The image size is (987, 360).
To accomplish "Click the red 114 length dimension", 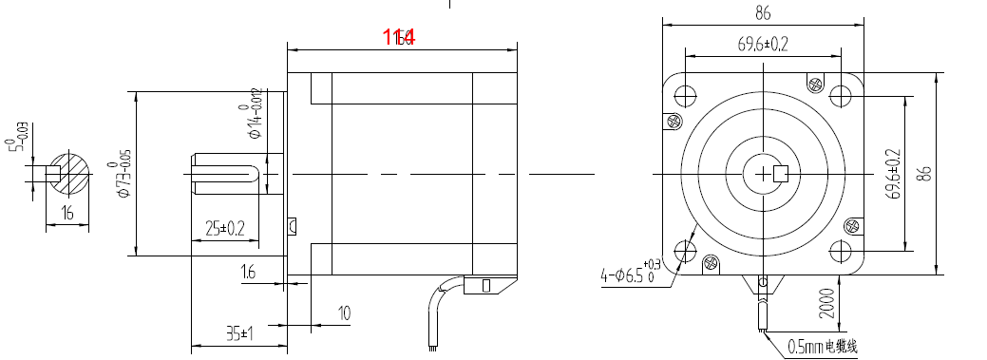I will coord(399,37).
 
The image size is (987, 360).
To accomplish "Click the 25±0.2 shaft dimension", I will coord(225,228).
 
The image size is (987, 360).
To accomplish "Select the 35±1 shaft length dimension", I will coord(238,333).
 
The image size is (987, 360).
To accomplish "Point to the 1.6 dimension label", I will coord(247,273).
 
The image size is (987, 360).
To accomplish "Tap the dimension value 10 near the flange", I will coord(344,313).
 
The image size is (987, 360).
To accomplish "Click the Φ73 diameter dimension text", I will coord(120,173).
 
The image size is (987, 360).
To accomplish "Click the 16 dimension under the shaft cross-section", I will coord(66,215).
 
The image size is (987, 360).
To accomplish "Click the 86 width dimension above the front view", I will coord(763,13).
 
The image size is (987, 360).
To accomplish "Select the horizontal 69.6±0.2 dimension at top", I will coord(763,44).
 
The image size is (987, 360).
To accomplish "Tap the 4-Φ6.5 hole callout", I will coord(628,275).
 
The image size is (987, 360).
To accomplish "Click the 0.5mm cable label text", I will coord(822,347).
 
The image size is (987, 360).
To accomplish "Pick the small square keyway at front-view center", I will coord(783,173).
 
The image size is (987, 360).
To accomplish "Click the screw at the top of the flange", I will coord(815,83).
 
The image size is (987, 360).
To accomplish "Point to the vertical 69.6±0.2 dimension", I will coord(893,174).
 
